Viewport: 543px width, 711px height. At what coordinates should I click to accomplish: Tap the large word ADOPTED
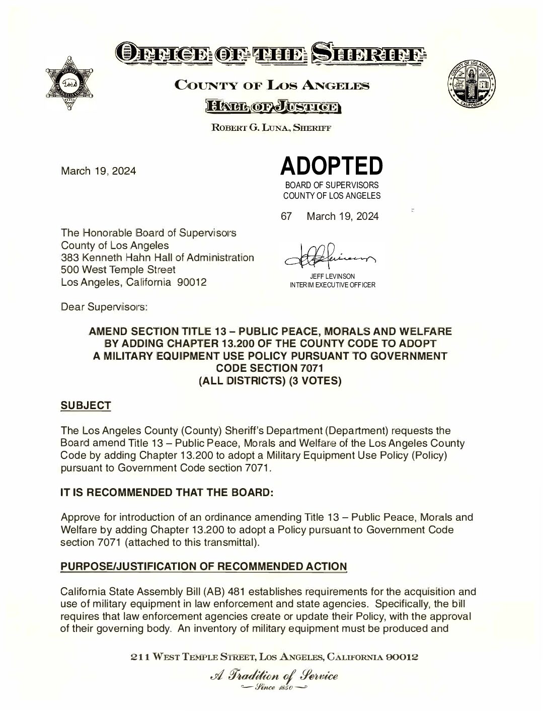332,166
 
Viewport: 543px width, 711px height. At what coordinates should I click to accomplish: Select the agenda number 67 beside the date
286,216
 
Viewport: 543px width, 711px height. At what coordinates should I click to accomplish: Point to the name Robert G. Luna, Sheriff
271,128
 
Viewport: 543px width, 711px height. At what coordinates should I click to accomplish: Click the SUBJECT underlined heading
86,406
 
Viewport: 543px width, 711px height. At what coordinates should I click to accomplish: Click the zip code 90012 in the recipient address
192,282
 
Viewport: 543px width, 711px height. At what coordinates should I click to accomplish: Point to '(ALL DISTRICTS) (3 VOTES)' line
270,381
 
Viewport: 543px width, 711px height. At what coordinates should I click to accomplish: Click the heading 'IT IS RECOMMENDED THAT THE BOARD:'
167,493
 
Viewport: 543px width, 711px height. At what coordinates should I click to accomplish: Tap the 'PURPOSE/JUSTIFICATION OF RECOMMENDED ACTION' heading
204,567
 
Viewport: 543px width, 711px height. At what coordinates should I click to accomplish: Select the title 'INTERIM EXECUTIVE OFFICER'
332,285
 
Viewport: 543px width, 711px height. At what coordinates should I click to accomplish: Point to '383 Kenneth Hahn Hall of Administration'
157,258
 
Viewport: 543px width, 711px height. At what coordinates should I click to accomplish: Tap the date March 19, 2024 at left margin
98,171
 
